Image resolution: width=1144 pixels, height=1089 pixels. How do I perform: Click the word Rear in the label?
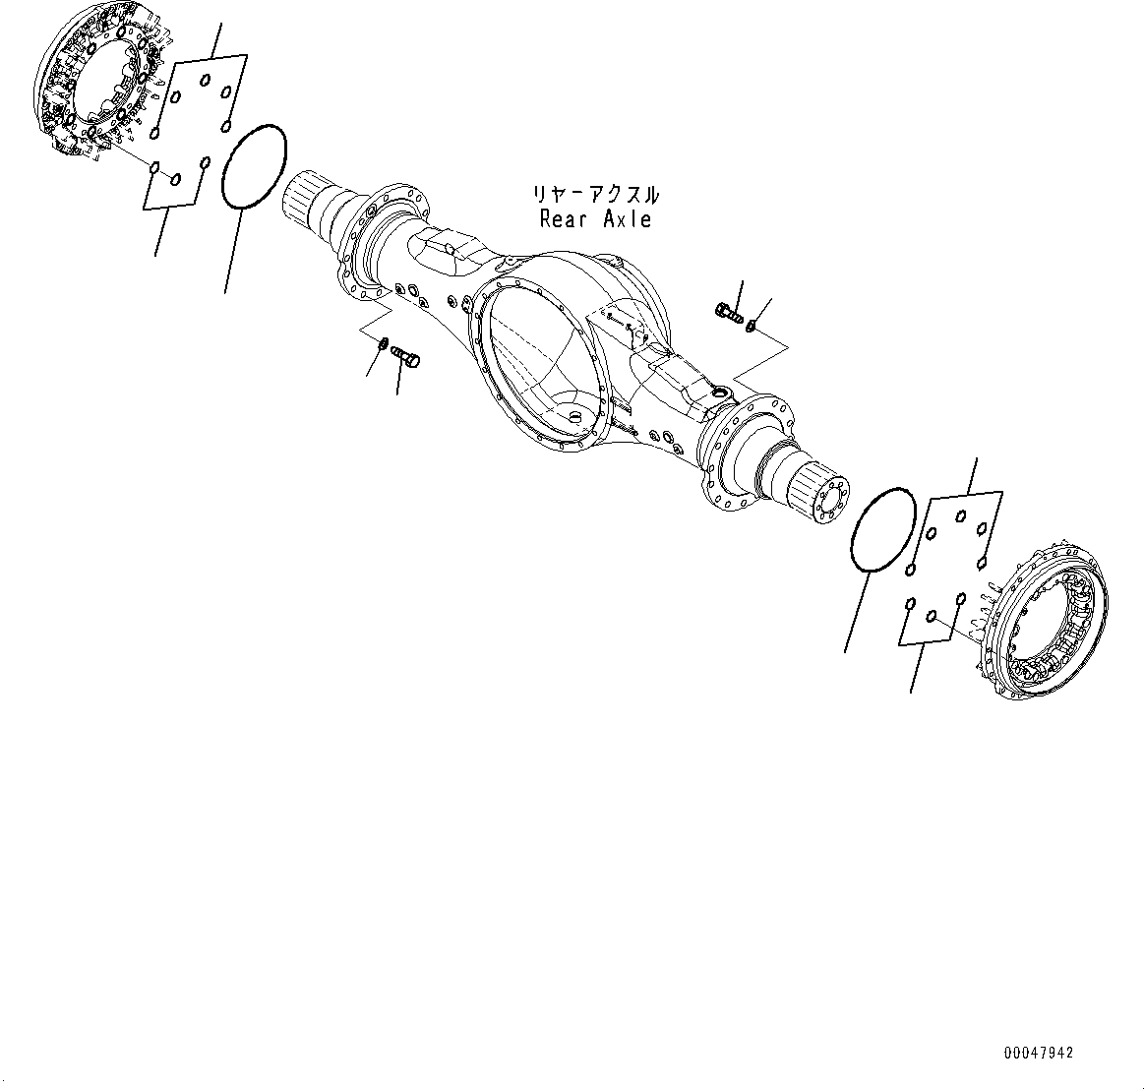click(x=564, y=219)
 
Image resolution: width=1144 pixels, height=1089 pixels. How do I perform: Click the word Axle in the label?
click(x=627, y=219)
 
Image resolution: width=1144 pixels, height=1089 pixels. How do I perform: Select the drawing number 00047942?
click(x=1039, y=1054)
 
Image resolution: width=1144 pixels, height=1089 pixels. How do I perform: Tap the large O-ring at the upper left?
click(x=254, y=166)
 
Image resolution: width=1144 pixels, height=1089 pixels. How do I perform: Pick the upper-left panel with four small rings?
click(x=201, y=94)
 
